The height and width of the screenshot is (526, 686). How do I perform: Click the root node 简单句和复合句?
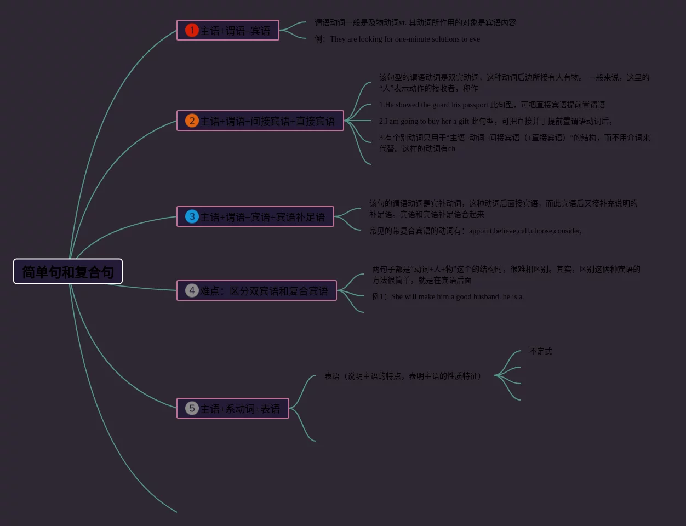pos(68,272)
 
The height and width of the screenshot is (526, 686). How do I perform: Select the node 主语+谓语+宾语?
pos(235,31)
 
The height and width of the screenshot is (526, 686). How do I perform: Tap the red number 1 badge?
pos(191,30)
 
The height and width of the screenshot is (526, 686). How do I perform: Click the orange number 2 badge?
pos(191,121)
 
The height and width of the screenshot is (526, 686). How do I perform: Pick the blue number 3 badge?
pos(192,216)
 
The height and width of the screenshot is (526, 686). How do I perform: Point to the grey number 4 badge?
pos(191,290)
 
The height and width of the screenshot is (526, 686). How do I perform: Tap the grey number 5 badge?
pos(191,408)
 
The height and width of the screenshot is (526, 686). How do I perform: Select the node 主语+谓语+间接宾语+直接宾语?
pos(267,121)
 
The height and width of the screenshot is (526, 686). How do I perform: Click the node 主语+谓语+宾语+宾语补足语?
pos(262,217)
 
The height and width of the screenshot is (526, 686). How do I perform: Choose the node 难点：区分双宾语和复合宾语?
pos(264,291)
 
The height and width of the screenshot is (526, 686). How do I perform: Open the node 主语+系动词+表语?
pos(240,409)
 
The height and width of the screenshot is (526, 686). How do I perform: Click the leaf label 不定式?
pos(541,351)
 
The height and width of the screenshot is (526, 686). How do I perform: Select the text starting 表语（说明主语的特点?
pos(403,376)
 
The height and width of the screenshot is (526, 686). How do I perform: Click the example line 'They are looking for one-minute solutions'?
pos(397,39)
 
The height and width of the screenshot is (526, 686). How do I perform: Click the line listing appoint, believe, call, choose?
pos(475,231)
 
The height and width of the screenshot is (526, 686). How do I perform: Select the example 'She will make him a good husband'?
pos(447,296)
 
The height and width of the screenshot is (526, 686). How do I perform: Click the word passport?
pos(475,105)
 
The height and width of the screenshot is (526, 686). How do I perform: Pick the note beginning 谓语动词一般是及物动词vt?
pos(415,22)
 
